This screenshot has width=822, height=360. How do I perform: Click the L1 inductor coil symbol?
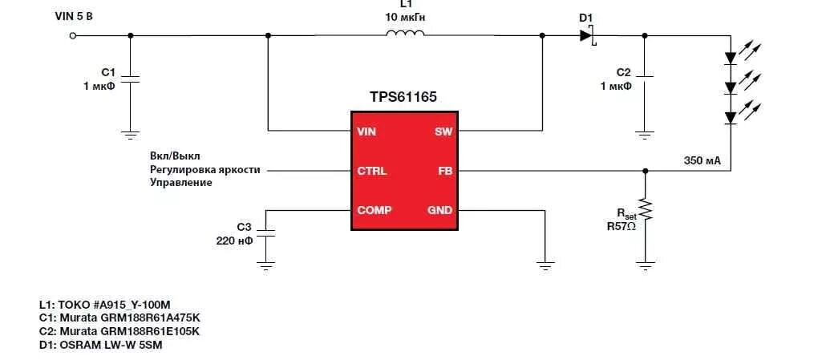point(405,34)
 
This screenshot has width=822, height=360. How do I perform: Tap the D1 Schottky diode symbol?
point(586,34)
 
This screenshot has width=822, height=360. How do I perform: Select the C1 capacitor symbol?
point(131,80)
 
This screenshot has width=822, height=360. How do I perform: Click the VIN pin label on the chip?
point(366,131)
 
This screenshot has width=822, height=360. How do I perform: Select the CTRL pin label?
point(371,171)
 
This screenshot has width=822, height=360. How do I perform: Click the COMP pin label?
point(375,210)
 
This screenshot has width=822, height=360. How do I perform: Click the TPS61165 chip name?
point(403,98)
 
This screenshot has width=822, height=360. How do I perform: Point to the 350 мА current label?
point(702,160)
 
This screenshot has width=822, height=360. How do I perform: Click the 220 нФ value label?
point(233,241)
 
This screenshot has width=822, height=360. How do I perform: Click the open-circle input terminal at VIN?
point(74,35)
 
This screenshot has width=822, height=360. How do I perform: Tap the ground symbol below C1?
point(131,133)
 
